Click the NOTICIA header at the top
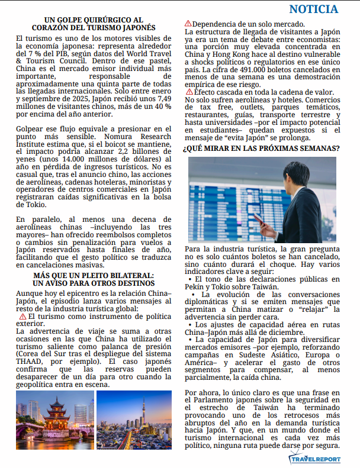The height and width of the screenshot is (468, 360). [x=314, y=9]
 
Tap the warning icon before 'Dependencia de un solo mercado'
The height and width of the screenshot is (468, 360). [x=189, y=24]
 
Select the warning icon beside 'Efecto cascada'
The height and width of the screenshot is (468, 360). [x=189, y=92]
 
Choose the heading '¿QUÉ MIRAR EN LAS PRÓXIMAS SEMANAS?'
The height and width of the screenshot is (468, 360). [x=261, y=149]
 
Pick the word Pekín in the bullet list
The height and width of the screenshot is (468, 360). [x=194, y=287]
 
